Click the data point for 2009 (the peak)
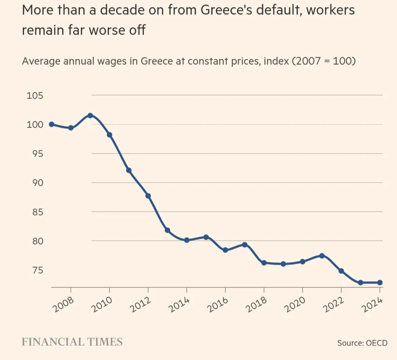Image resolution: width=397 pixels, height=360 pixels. coord(90,115)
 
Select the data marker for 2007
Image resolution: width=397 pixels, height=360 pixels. coord(51,124)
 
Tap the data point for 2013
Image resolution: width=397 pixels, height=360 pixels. coord(167,230)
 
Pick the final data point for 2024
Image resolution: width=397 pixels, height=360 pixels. coord(380,282)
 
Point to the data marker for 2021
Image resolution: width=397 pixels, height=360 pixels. coord(322,256)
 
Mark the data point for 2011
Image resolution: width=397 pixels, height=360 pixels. coord(129,170)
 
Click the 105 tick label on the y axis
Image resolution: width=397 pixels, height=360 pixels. coord(35,96)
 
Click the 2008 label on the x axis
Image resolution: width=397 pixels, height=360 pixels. coord(63,305)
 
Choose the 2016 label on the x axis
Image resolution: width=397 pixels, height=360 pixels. coord(218,305)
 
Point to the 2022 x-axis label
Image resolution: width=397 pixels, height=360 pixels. coord(334,305)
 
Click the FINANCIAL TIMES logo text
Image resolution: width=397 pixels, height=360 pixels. coord(72,342)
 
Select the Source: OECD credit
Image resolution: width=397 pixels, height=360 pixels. coord(362,343)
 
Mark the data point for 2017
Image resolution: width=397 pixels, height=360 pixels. coord(244,245)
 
